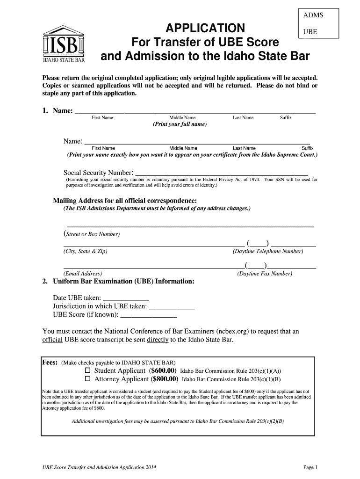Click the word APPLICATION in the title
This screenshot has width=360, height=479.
click(x=206, y=27)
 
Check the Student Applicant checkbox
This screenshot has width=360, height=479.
click(x=87, y=370)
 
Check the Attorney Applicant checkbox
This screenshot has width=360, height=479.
click(x=87, y=379)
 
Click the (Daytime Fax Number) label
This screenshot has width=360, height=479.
click(x=265, y=274)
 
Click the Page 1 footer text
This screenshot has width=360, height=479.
click(x=310, y=467)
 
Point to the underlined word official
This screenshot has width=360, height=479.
click(x=52, y=340)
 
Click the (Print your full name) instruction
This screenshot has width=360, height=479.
click(x=180, y=125)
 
